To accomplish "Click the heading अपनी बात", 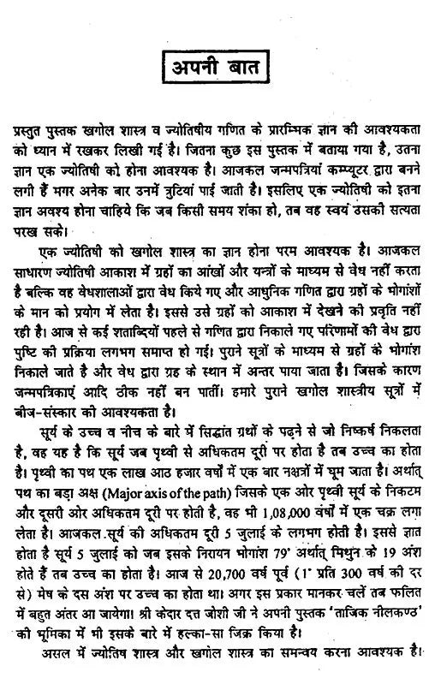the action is [214, 65].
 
